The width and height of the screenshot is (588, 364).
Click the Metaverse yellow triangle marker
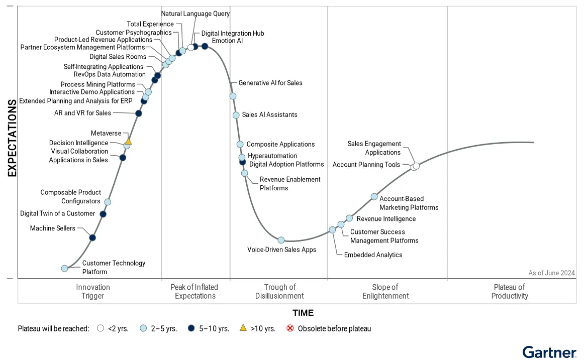pos(129,142)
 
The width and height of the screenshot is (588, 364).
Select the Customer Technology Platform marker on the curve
pos(64,269)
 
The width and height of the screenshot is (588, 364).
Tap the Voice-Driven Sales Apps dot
pos(281,240)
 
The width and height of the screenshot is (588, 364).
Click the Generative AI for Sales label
pos(270,83)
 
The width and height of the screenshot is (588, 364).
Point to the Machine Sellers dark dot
pos(92,237)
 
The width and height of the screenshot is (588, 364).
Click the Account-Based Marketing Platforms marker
pos(374,197)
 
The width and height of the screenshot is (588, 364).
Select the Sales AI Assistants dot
pos(236,115)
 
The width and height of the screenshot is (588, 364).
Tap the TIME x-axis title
pos(303,313)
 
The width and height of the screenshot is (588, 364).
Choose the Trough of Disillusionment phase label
pos(279,292)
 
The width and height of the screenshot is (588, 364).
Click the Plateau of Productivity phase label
pos(510,292)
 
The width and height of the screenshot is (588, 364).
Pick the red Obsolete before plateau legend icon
pos(290,329)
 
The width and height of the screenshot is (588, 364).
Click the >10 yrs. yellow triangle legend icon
pos(243,328)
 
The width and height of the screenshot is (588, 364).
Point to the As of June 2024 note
pos(551,273)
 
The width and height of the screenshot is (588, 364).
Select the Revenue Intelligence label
pos(386,219)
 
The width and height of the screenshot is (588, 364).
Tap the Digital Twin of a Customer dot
pos(103,214)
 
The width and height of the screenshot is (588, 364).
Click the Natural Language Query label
pos(195,14)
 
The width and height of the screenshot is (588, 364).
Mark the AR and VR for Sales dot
pos(139,113)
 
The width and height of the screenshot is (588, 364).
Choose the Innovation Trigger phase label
pos(93,292)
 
